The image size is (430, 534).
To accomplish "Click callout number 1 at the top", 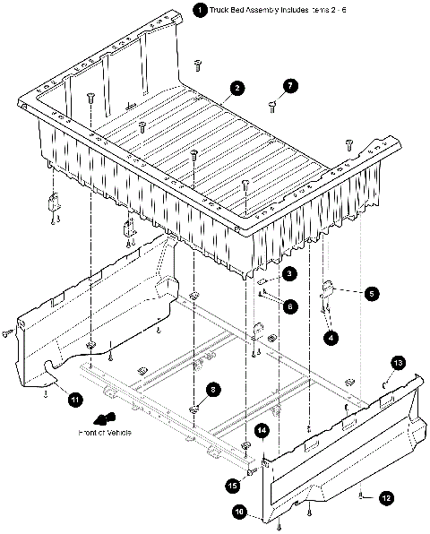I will point(198,10).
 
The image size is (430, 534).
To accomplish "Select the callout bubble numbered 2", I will point(236,88).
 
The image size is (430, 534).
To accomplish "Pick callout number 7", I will point(289,87).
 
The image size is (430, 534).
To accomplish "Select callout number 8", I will point(212,390).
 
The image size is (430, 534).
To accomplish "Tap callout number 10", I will point(240,512).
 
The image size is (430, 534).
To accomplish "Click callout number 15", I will point(233,485).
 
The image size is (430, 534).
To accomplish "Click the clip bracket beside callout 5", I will point(328,289).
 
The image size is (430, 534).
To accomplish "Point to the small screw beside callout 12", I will point(361,494).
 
